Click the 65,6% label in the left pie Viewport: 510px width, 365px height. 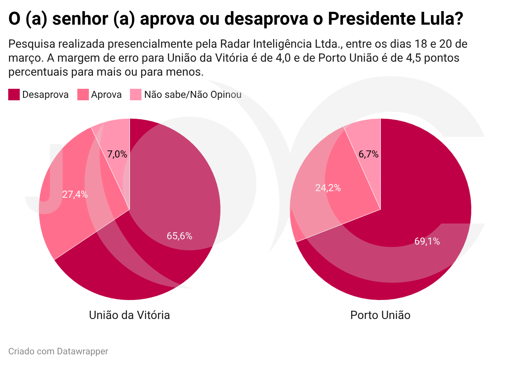tap(179, 236)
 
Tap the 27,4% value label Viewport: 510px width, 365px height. tap(75, 194)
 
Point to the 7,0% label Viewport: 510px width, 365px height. tap(117, 154)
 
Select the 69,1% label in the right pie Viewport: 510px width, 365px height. tap(427, 241)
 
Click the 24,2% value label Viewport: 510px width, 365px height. tap(328, 188)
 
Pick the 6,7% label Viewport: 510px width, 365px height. tap(369, 154)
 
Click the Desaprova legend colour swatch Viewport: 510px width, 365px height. tap(14, 95)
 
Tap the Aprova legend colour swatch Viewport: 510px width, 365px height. tap(83, 95)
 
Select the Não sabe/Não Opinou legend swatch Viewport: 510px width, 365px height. tap(136, 95)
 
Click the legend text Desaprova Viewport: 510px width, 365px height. tap(45, 95)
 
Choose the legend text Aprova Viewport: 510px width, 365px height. tap(107, 95)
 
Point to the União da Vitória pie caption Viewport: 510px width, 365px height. tap(129, 315)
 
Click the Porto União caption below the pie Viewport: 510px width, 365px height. tap(380, 315)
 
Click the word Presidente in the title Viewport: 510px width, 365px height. tap(371, 18)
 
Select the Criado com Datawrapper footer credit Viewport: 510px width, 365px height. tap(58, 351)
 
